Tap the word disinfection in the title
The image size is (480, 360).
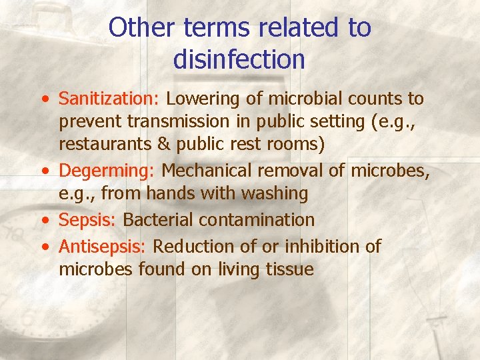pyautogui.click(x=239, y=59)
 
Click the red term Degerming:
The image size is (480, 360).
pyautogui.click(x=107, y=171)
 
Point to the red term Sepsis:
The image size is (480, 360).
pyautogui.click(x=89, y=219)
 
